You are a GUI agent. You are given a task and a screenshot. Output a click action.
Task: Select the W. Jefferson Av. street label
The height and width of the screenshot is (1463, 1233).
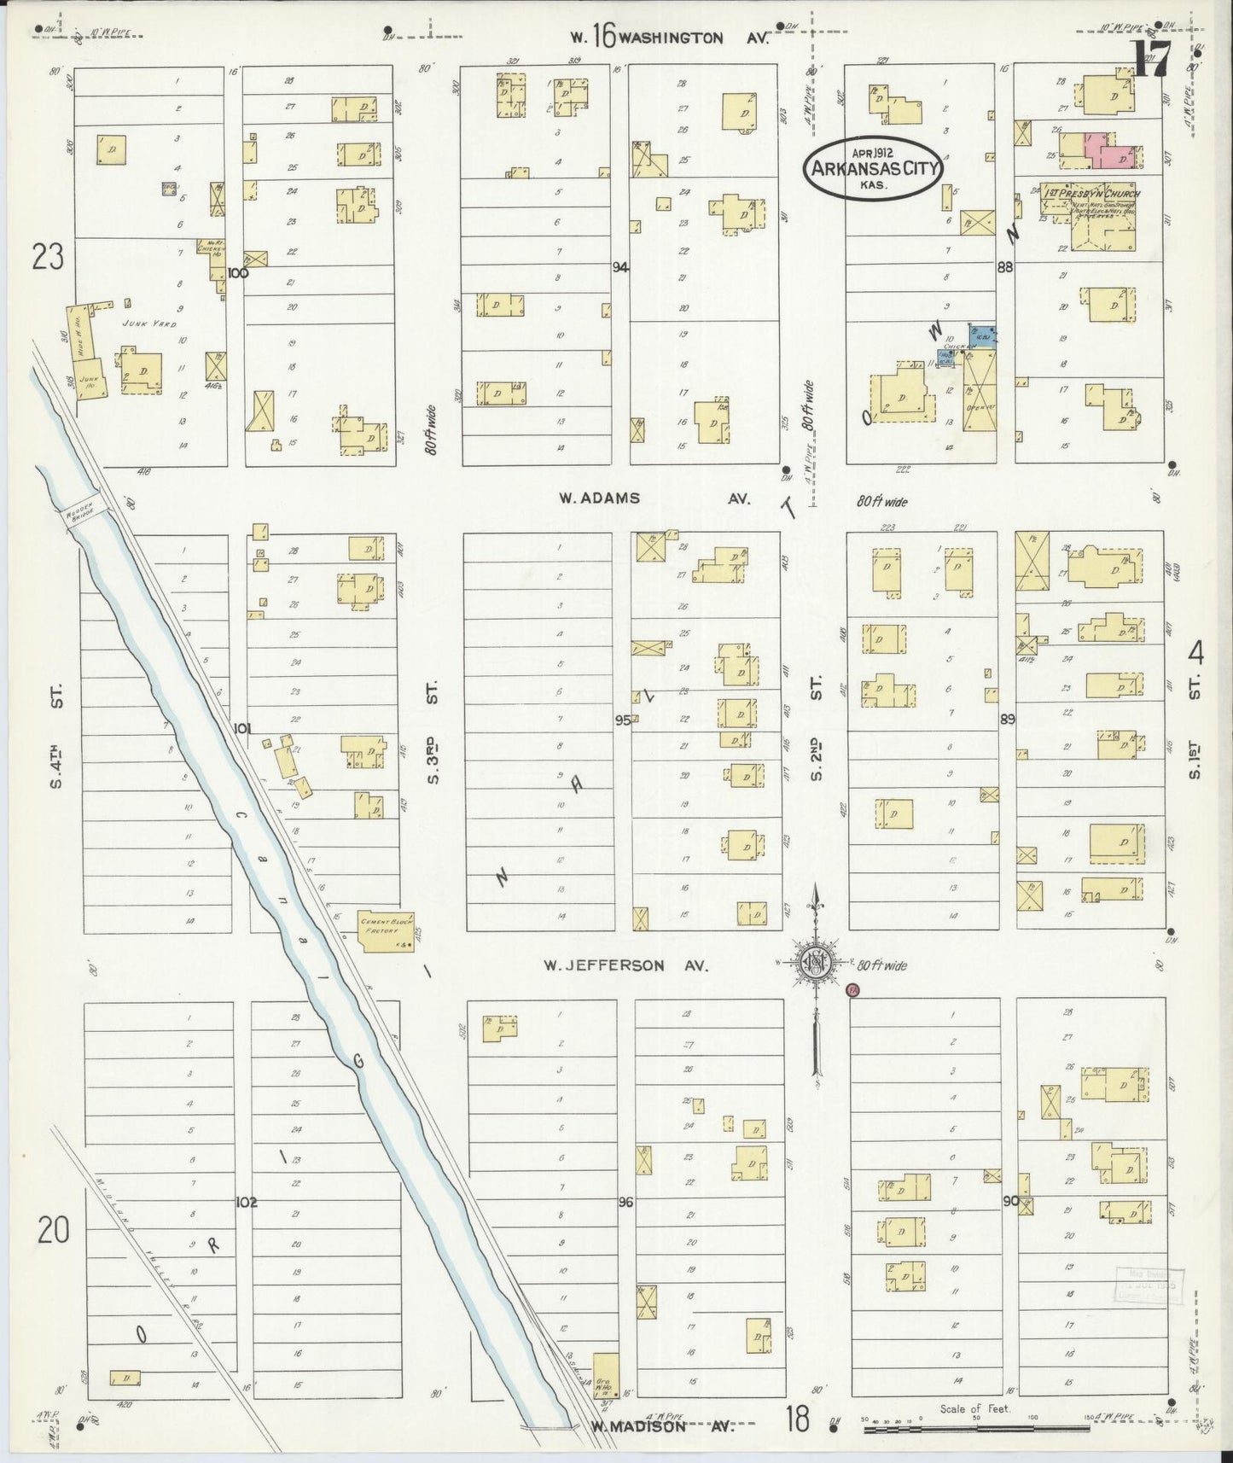[x=627, y=965]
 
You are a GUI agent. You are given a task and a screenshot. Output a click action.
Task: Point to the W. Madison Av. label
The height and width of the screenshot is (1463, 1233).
[x=661, y=1426]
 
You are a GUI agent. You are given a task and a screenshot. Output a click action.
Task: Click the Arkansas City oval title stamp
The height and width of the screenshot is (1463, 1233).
[x=873, y=168]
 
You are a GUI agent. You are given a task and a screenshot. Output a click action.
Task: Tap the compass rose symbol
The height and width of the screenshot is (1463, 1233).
[x=815, y=963]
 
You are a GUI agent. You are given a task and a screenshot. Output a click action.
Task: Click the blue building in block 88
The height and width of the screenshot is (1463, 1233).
[x=981, y=335]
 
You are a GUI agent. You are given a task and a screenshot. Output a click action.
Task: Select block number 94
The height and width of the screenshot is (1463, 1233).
[x=620, y=267]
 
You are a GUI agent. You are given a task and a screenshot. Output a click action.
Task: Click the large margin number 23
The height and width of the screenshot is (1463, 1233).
[x=48, y=256]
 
